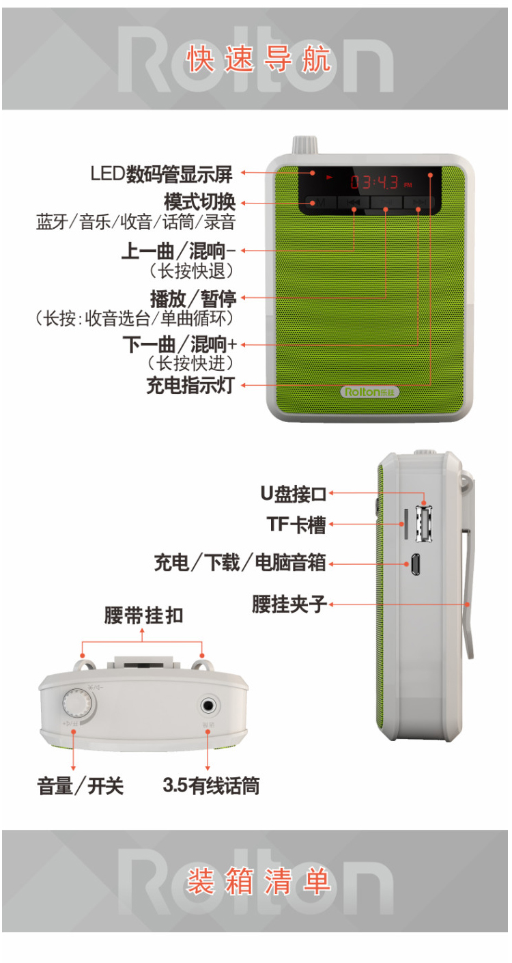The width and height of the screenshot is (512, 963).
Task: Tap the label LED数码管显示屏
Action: pos(162,174)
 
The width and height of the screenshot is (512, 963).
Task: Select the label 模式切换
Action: pos(199,202)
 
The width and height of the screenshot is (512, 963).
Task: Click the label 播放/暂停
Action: pos(193,298)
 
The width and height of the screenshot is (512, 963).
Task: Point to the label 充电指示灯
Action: pos(190,385)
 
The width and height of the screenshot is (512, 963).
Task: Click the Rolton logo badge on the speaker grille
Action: pos(370,392)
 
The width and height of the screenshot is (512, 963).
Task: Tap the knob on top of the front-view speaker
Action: pos(301,145)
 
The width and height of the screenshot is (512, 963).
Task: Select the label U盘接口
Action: pos(294,493)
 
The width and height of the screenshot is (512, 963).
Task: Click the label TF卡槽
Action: pos(296,525)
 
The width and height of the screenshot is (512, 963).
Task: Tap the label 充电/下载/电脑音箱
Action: pos(240,563)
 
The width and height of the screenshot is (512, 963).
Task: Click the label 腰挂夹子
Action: pos(289,604)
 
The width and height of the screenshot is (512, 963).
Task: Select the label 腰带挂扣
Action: pos(143,615)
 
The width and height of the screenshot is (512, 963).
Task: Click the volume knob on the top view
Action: pos(76,703)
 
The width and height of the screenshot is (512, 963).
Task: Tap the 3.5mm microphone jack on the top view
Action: pos(208,704)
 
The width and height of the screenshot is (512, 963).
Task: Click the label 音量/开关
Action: pos(80,786)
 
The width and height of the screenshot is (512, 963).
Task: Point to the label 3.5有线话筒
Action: pos(211,786)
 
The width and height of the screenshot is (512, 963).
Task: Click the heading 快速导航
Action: pos(258,59)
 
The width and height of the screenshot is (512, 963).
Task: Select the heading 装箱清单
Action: pos(258,881)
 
